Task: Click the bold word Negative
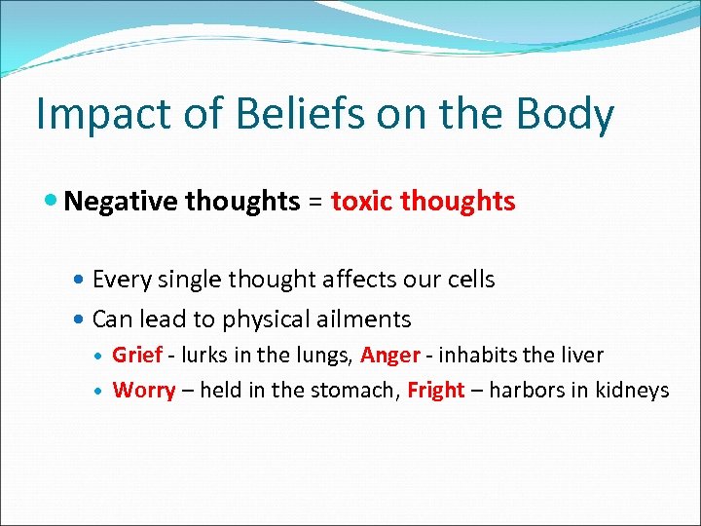tap(122, 202)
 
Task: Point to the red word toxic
tap(362, 202)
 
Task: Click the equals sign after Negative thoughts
tap(315, 203)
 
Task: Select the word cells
tap(469, 280)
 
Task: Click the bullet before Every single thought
tap(81, 281)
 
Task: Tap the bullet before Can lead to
tap(81, 319)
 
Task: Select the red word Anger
tap(389, 356)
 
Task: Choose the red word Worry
tap(144, 391)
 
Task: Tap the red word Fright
tap(435, 391)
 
